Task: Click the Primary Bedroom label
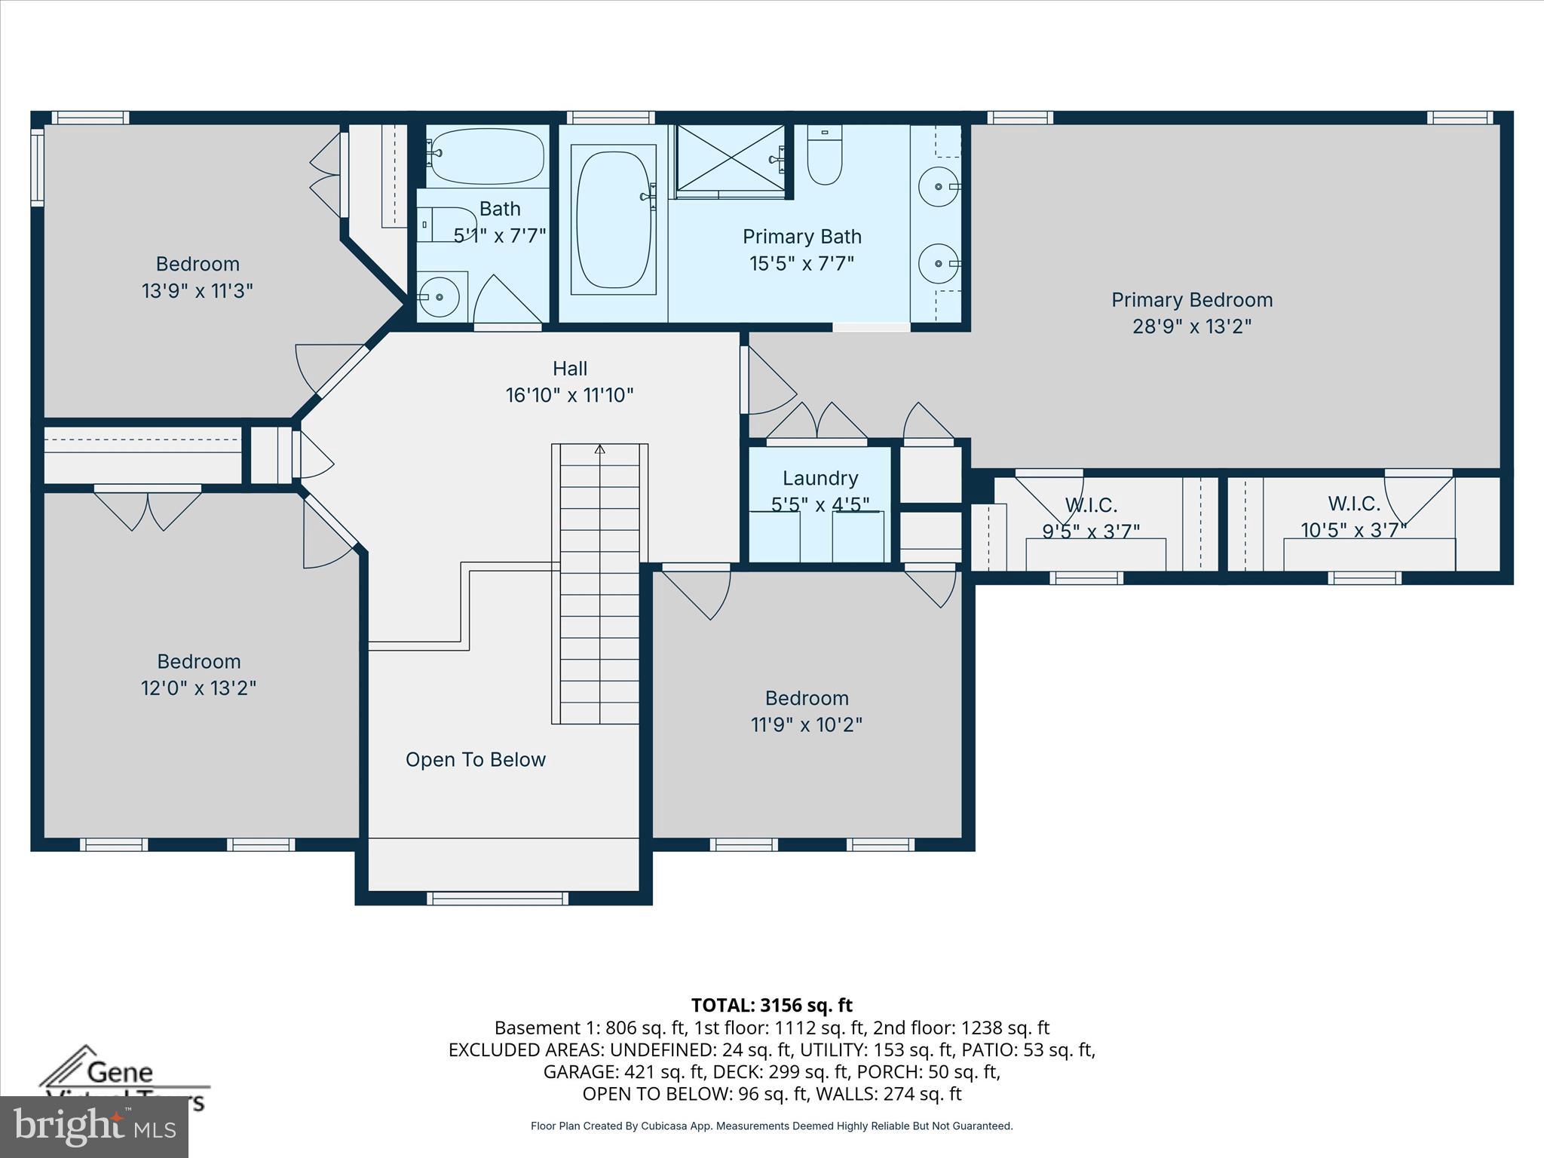click(x=1191, y=300)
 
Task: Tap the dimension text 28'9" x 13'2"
click(x=1191, y=326)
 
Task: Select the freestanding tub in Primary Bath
click(x=613, y=219)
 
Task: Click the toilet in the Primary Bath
click(x=824, y=156)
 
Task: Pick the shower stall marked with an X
click(x=729, y=159)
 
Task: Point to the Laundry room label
click(x=819, y=478)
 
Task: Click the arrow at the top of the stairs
click(x=600, y=449)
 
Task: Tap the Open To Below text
click(x=475, y=759)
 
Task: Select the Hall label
click(x=569, y=369)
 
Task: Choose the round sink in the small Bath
click(x=440, y=296)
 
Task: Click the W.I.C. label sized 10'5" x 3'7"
click(x=1354, y=503)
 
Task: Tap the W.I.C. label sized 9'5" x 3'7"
click(x=1090, y=504)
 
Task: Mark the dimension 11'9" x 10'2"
click(x=806, y=725)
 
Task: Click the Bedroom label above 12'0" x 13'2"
click(x=198, y=661)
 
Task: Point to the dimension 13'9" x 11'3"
click(x=197, y=290)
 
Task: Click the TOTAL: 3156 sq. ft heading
click(x=771, y=1005)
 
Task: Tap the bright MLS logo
click(x=93, y=1126)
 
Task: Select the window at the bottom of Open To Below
click(x=498, y=898)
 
